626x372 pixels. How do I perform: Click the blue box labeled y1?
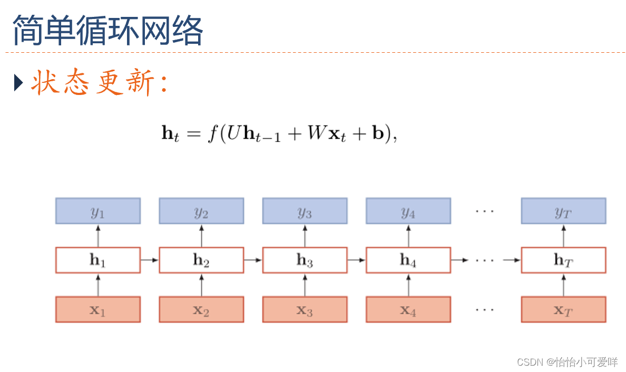(x=98, y=211)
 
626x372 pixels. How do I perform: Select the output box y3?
(x=305, y=211)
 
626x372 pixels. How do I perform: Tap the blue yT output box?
(x=563, y=211)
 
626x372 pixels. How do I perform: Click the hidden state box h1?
(x=98, y=260)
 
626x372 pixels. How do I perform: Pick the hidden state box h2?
(x=201, y=260)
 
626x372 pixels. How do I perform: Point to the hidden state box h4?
(x=408, y=260)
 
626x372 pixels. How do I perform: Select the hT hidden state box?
(x=563, y=260)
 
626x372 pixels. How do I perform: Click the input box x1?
(x=98, y=310)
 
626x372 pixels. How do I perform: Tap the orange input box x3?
(x=305, y=310)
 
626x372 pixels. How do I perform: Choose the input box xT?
(x=563, y=310)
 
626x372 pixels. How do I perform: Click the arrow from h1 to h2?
(x=150, y=260)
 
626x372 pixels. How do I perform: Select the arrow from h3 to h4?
(x=357, y=260)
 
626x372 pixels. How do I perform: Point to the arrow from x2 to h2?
(x=201, y=285)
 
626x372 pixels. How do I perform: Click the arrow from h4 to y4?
(x=408, y=235)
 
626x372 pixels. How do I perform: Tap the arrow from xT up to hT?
(x=563, y=285)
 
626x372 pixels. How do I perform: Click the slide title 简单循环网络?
(x=107, y=30)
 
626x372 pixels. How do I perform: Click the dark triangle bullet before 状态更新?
(x=18, y=83)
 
